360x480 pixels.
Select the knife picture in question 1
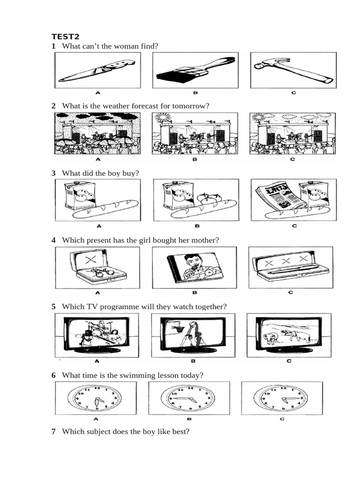coord(97,70)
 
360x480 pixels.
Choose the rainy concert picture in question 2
coord(97,133)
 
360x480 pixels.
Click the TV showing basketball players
coord(193,334)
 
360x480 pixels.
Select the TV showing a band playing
coord(97,334)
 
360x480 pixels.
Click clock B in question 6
coord(189,398)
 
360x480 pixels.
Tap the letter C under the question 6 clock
coord(282,419)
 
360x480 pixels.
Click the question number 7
coord(53,431)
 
